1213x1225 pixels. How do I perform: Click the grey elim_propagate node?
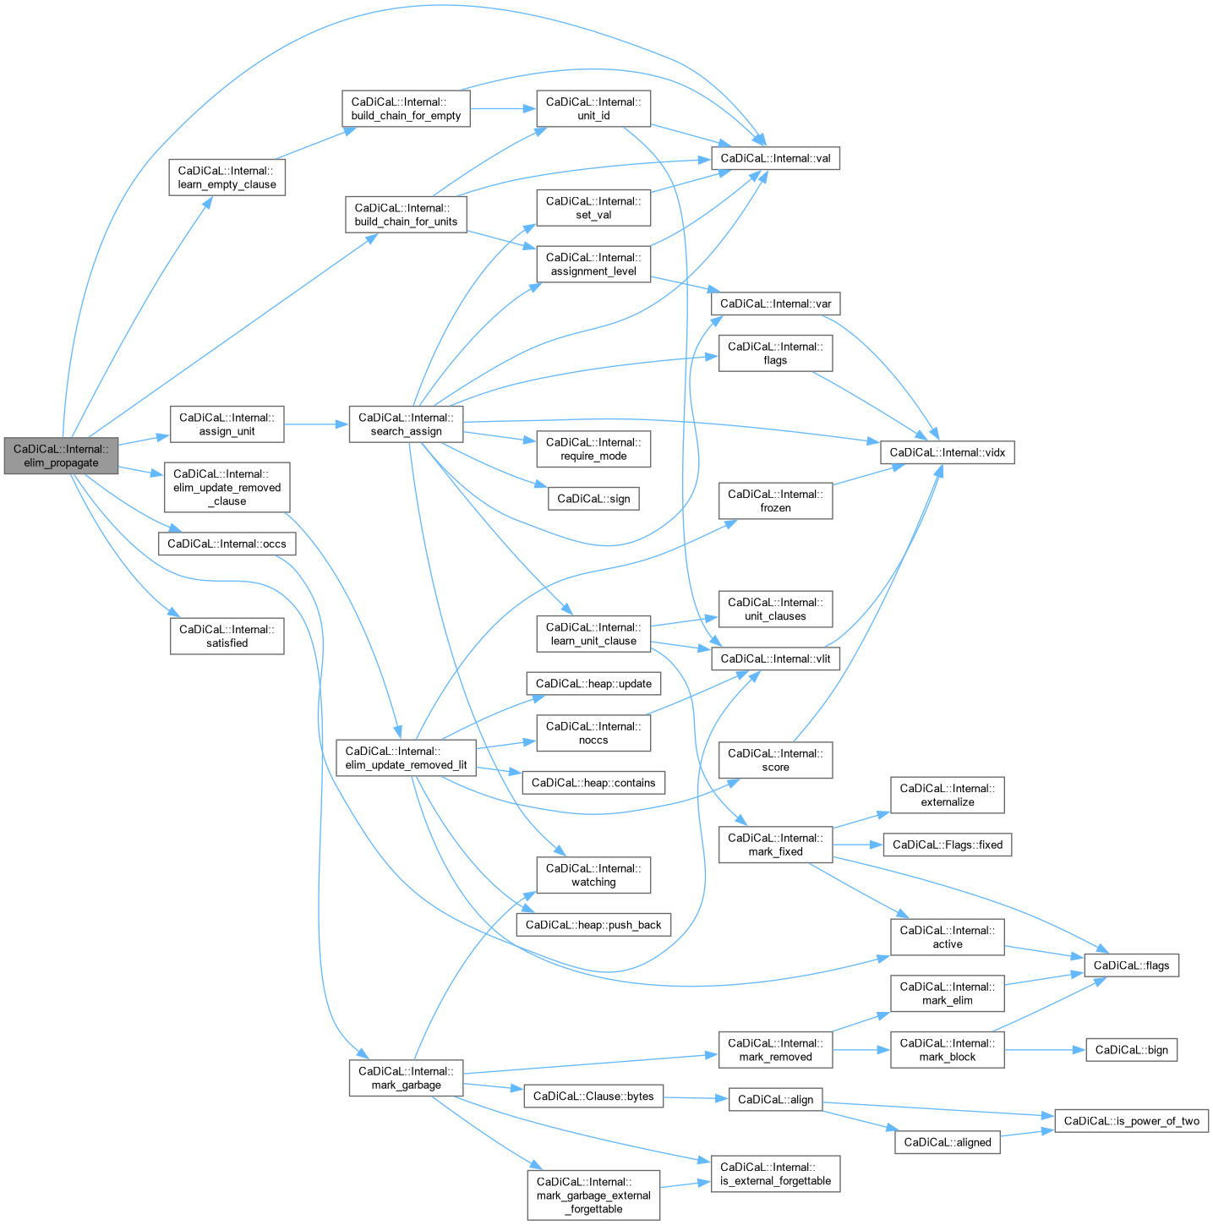coord(61,456)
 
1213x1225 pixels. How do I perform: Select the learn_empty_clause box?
coord(227,178)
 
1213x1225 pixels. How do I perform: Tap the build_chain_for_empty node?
coord(406,109)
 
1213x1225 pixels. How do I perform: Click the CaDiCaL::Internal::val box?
coord(775,158)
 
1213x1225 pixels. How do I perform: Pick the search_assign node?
coord(406,424)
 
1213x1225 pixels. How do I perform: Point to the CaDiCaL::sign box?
coord(593,499)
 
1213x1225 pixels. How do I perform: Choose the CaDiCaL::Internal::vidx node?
coord(947,452)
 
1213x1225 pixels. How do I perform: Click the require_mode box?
coord(593,449)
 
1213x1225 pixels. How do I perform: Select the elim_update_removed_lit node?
coord(406,758)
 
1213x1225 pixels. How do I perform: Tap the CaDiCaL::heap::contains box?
coord(593,783)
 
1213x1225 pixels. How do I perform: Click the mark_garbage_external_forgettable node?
coord(593,1195)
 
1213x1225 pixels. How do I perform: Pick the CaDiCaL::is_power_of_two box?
coord(1131,1121)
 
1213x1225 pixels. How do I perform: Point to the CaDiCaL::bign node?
coord(1131,1050)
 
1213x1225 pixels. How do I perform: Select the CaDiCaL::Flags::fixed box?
coord(947,845)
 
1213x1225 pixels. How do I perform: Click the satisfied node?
coord(227,637)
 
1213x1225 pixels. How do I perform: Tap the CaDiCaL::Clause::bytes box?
coord(593,1096)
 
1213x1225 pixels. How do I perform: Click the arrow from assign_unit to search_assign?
coord(316,424)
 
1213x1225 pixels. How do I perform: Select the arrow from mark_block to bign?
coord(1045,1050)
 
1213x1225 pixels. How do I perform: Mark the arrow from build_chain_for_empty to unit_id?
coord(503,109)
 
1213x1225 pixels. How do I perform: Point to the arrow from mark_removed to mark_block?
coord(861,1050)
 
